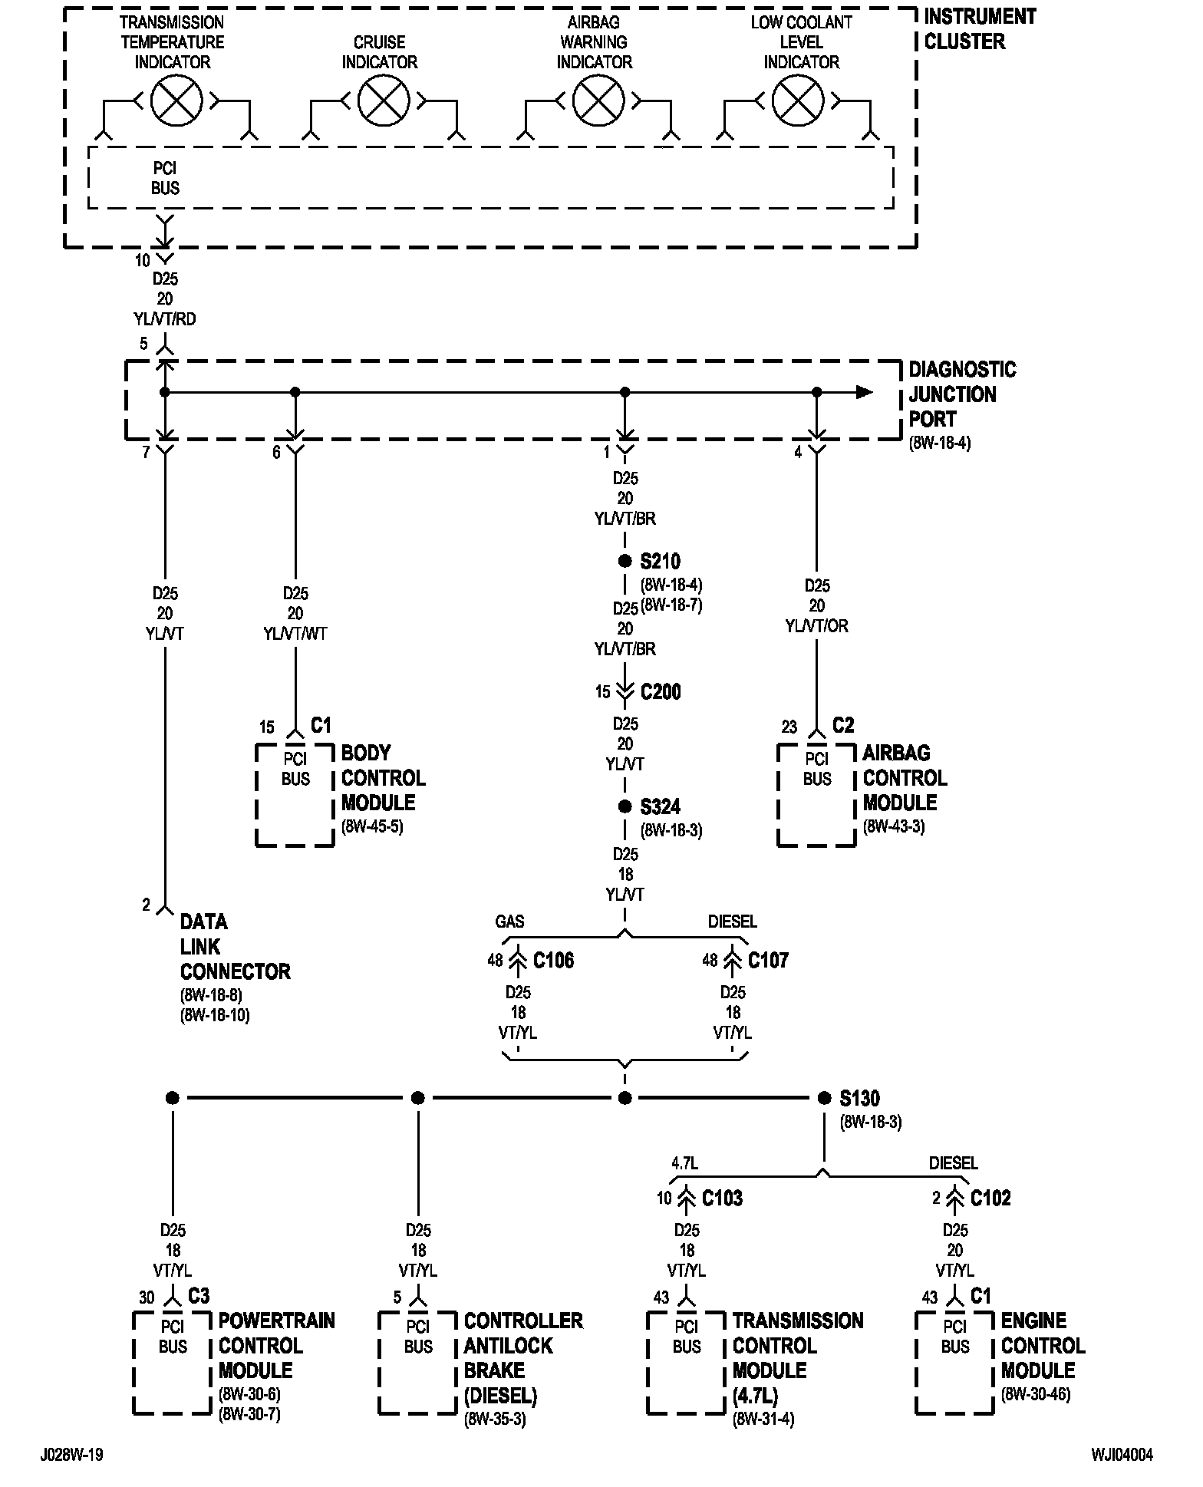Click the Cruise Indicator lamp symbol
tap(384, 101)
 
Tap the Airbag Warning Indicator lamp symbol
tap(598, 101)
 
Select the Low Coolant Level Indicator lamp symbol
tap(798, 101)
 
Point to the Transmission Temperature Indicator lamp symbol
tap(176, 101)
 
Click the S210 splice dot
tap(625, 561)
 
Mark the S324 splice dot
tap(625, 806)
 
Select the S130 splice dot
tap(825, 1098)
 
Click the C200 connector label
tap(661, 692)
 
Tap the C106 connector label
tap(553, 961)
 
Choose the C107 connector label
tap(768, 961)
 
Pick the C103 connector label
tap(722, 1199)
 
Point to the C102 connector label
tap(990, 1199)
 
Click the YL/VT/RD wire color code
tap(165, 319)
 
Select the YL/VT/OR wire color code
tap(817, 626)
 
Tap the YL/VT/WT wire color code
tap(295, 634)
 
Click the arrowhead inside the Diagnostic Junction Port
tap(865, 392)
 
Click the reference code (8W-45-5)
tap(372, 827)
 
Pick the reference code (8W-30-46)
tap(1036, 1395)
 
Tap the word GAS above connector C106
tap(509, 921)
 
